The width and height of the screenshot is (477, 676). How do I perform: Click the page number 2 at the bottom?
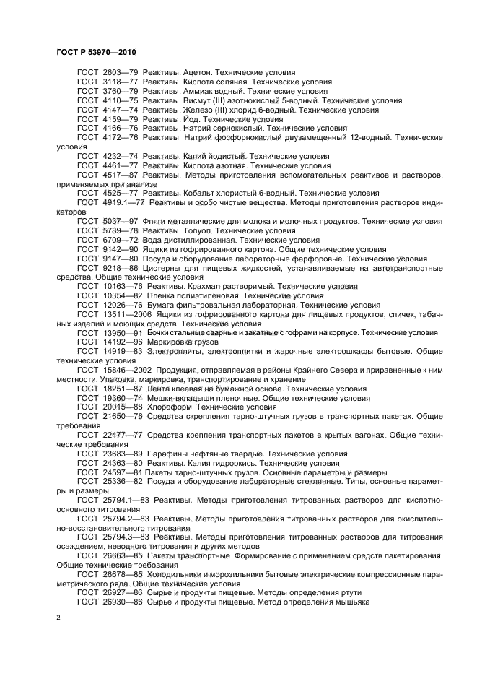pyautogui.click(x=59, y=617)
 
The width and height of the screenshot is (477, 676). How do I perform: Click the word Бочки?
pyautogui.click(x=159, y=332)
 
